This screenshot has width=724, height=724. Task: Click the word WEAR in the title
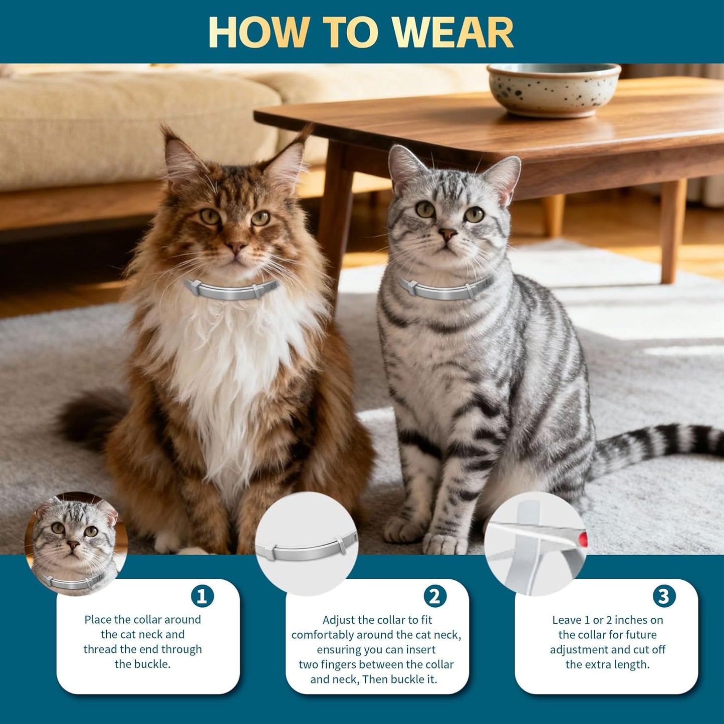452,33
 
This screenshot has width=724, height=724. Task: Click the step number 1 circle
202,596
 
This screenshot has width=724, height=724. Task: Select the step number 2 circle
434,596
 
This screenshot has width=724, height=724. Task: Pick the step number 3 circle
664,596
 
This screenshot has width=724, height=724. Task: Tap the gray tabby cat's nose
447,233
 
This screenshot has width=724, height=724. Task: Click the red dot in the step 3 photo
582,540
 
